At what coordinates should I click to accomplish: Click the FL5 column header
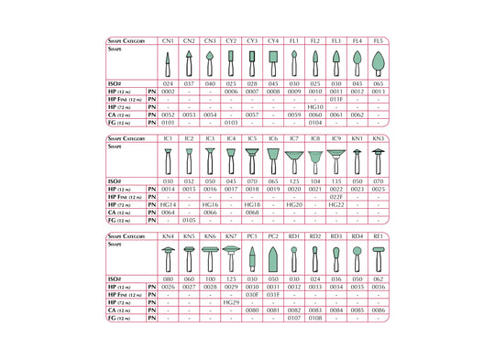[x=379, y=41]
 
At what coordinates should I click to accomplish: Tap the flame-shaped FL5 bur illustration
[x=379, y=63]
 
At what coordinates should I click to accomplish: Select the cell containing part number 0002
[x=168, y=93]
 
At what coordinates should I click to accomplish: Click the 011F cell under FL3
[x=336, y=100]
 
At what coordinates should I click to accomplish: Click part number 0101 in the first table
[x=168, y=122]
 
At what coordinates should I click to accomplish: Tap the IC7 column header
[x=293, y=138]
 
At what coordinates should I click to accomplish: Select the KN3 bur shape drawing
[x=379, y=161]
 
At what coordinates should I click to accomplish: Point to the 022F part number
[x=336, y=197]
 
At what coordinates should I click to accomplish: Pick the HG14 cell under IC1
[x=168, y=204]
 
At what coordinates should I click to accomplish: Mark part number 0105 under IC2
[x=189, y=220]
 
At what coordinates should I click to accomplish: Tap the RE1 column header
[x=379, y=236]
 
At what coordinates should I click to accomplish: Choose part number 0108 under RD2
[x=315, y=317]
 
